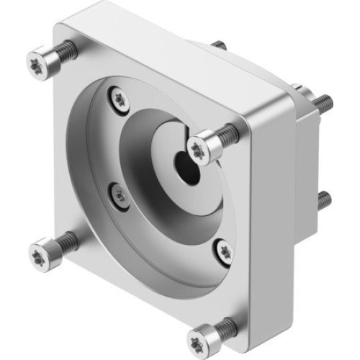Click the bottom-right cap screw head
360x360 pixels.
click(201, 337)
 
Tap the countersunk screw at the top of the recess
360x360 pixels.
click(120, 99)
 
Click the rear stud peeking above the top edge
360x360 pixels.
click(218, 45)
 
